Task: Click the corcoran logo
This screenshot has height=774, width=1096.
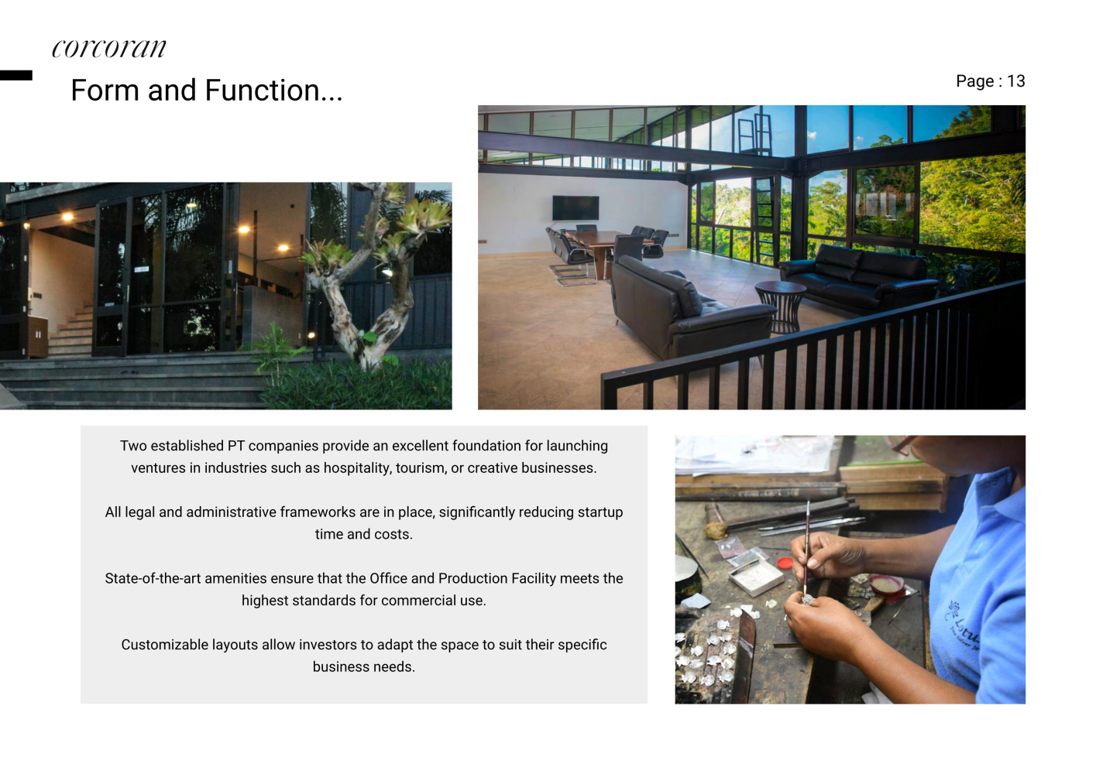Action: point(109,49)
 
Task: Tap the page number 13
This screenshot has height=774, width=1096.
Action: point(1015,81)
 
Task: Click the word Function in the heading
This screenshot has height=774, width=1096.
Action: point(273,91)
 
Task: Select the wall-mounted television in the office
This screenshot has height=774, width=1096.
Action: point(575,207)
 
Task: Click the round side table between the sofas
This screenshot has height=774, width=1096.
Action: point(780,306)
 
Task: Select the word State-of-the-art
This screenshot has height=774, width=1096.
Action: point(153,578)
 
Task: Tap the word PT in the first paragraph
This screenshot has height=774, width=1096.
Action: point(236,446)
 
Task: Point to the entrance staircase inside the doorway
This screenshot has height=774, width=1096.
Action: point(72,330)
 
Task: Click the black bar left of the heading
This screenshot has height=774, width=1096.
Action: point(16,75)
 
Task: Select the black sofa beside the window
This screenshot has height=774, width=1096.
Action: point(859,278)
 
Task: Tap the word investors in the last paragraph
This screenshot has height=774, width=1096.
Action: point(324,645)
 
